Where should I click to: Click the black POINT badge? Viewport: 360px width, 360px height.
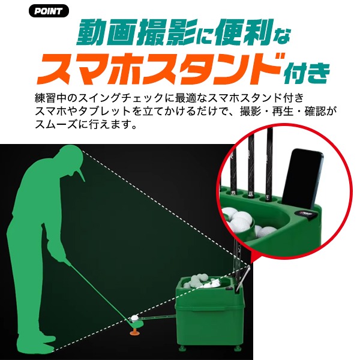[49, 11]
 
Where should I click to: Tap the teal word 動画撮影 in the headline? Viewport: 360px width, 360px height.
[136, 33]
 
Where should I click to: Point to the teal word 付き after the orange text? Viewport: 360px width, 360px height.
[307, 73]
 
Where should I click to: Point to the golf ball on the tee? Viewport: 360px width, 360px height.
[134, 318]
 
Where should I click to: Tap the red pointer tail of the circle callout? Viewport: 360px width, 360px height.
[253, 257]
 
